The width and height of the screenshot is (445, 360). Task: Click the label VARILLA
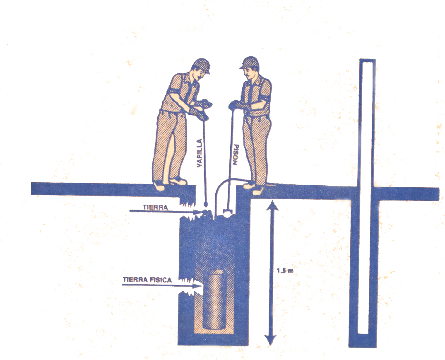coord(200,153)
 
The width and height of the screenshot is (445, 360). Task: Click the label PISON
coord(236,155)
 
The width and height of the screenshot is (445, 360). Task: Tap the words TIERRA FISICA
coord(147,280)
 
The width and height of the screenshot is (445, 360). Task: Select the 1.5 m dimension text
coord(285,271)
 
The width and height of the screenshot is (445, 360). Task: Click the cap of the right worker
coord(250,62)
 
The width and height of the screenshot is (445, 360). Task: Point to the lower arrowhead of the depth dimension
coord(270,340)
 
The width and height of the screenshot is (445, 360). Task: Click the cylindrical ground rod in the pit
coord(215,300)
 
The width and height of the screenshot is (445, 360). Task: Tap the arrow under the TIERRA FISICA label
coord(162,285)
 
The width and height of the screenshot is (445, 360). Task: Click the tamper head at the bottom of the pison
coord(228,212)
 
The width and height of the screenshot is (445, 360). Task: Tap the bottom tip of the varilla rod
coord(206,206)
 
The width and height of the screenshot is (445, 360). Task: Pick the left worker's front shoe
coord(178,181)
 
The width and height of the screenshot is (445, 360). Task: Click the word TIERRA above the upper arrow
coord(155,207)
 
